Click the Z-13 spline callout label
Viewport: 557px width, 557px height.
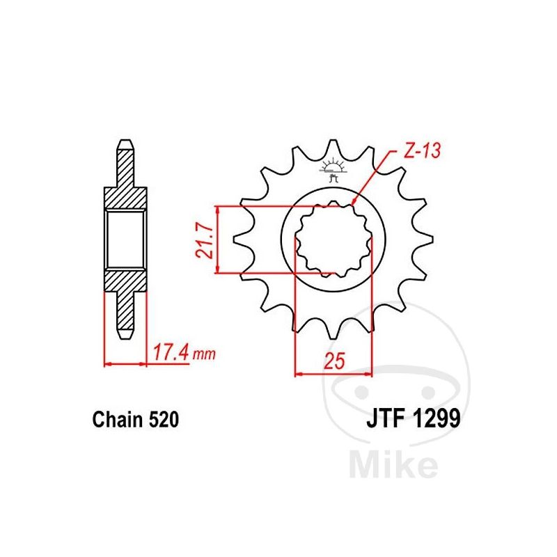tap(422, 150)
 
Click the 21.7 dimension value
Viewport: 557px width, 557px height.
tap(205, 240)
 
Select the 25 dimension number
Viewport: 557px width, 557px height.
tap(334, 361)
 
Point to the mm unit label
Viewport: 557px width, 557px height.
tap(203, 354)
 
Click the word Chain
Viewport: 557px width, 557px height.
tap(118, 419)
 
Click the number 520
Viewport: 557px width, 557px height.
tap(164, 419)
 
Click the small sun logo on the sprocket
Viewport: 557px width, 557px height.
tap(333, 168)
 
